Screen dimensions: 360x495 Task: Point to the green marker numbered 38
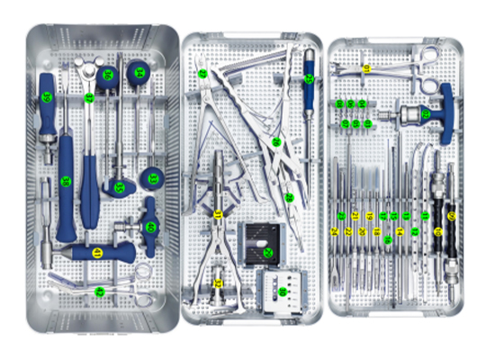89,96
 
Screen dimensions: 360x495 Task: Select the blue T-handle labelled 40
150,228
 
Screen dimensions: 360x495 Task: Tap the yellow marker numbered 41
97,253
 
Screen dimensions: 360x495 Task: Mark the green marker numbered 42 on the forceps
100,291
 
